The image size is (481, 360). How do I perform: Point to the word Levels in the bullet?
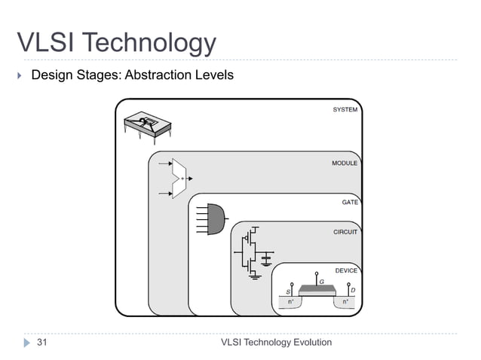(214, 75)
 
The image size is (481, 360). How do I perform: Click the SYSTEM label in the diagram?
(345, 110)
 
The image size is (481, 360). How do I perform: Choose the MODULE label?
(345, 163)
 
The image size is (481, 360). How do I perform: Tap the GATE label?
(350, 202)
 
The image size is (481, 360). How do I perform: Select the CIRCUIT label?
(345, 232)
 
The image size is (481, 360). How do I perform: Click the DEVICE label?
(346, 270)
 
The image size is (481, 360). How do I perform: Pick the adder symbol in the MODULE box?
(179, 178)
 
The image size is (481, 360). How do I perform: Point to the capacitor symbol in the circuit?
(266, 259)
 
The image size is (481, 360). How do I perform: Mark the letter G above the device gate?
(322, 281)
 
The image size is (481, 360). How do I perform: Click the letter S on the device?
(287, 291)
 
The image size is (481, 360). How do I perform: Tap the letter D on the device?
(354, 291)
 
